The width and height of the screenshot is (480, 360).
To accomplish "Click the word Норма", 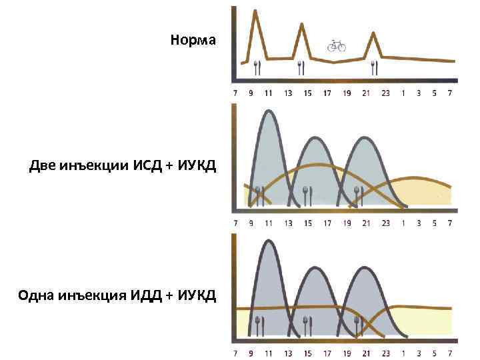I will pyautogui.click(x=193, y=40).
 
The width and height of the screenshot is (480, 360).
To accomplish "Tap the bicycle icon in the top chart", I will pyautogui.click(x=336, y=45).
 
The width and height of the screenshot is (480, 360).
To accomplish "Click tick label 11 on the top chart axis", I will pyautogui.click(x=268, y=93).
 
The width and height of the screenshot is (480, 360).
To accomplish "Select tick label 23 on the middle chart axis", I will pyautogui.click(x=385, y=223).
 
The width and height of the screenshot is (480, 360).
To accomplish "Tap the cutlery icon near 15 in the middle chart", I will pyautogui.click(x=307, y=195).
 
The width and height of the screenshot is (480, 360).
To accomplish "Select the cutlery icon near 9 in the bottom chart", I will pyautogui.click(x=259, y=325).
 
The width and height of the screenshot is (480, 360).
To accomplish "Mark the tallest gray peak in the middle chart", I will pyautogui.click(x=268, y=111).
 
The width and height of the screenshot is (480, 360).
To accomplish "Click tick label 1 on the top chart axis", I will pyautogui.click(x=403, y=93).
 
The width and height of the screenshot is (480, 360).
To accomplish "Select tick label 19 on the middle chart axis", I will pyautogui.click(x=347, y=223).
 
